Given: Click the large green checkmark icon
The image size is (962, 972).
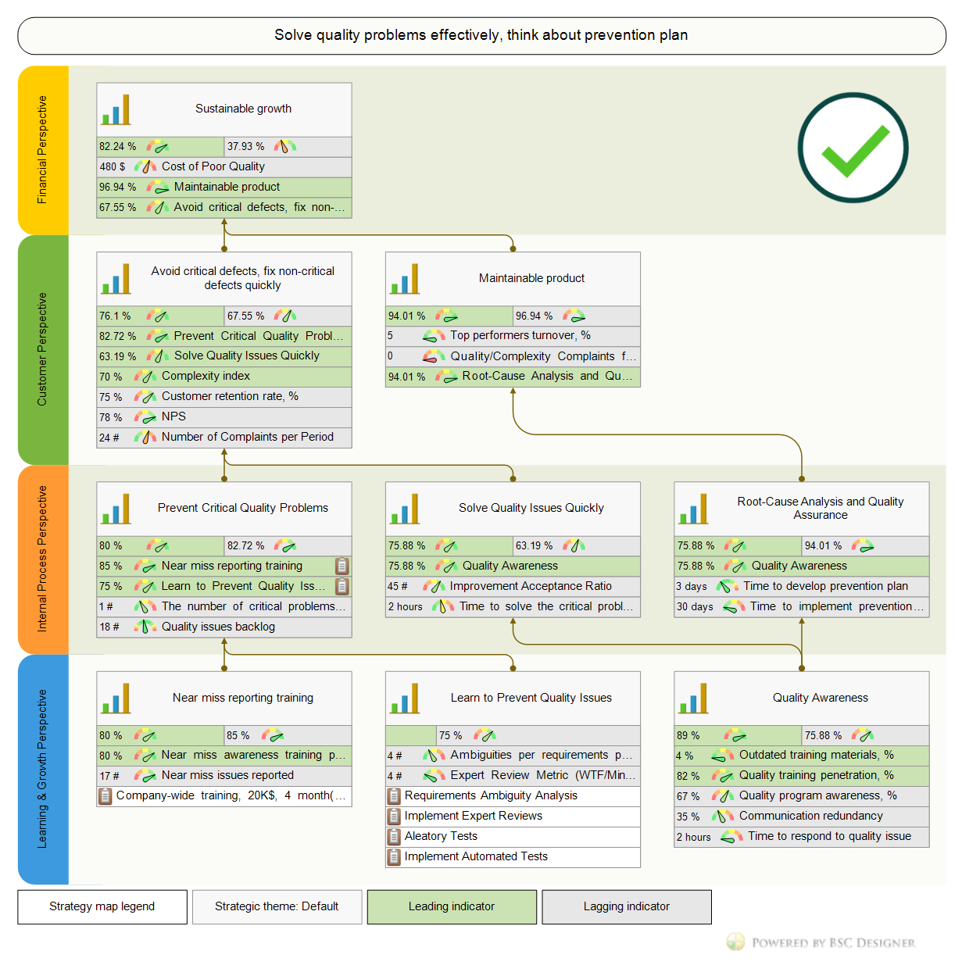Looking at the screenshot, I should click(x=853, y=148).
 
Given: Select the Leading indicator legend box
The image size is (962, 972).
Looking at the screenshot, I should click(x=452, y=906).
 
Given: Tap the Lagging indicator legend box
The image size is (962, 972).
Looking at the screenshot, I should click(x=626, y=906).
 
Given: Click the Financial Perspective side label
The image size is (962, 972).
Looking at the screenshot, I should click(x=43, y=150).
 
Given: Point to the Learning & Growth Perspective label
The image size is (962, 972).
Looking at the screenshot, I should click(x=43, y=769).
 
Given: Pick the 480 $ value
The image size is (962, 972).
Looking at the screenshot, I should click(x=112, y=166).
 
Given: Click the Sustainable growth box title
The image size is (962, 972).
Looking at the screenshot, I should click(x=243, y=109).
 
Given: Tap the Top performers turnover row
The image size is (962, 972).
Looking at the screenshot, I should click(x=520, y=335).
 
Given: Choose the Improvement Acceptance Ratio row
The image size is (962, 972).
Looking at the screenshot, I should click(x=531, y=586).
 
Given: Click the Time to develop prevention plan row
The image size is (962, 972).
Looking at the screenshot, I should click(x=825, y=586).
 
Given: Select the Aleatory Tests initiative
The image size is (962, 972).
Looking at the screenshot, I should click(x=441, y=836).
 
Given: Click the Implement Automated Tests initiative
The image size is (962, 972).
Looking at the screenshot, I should click(x=476, y=856).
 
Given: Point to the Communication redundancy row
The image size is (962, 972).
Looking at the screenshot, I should click(x=810, y=816).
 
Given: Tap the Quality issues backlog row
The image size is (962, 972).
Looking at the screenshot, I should click(x=218, y=627).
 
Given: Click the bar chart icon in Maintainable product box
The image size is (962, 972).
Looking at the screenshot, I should click(x=405, y=278).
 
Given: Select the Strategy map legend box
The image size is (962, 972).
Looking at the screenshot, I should click(x=102, y=906).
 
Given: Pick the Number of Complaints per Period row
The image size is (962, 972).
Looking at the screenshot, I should click(x=247, y=437).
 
